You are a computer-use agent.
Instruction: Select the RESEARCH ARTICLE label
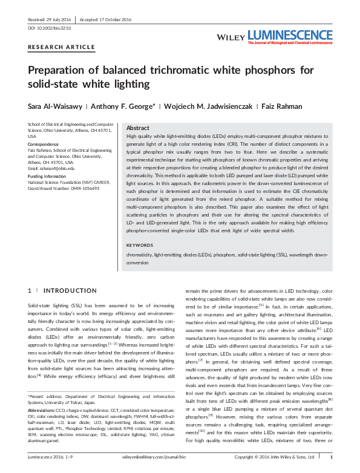pos(61,47)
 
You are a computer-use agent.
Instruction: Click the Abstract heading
pos(137,128)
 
